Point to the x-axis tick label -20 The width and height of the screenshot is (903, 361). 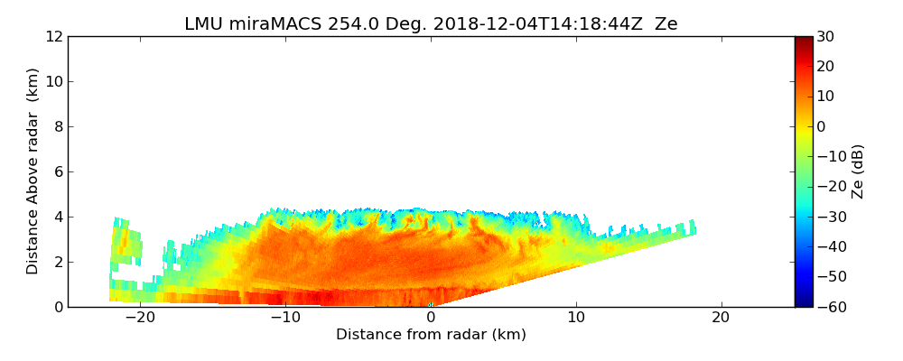click(140, 318)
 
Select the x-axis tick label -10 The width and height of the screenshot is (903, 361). click(285, 318)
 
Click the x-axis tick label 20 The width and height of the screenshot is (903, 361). click(721, 318)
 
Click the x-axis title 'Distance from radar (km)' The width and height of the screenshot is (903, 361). click(431, 335)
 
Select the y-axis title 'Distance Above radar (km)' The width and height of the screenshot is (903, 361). click(33, 171)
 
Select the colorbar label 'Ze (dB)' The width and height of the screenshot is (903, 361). click(857, 171)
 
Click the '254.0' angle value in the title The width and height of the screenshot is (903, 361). click(330, 24)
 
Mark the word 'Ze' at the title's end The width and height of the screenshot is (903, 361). click(666, 24)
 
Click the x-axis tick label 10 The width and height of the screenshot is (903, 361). click(575, 318)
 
